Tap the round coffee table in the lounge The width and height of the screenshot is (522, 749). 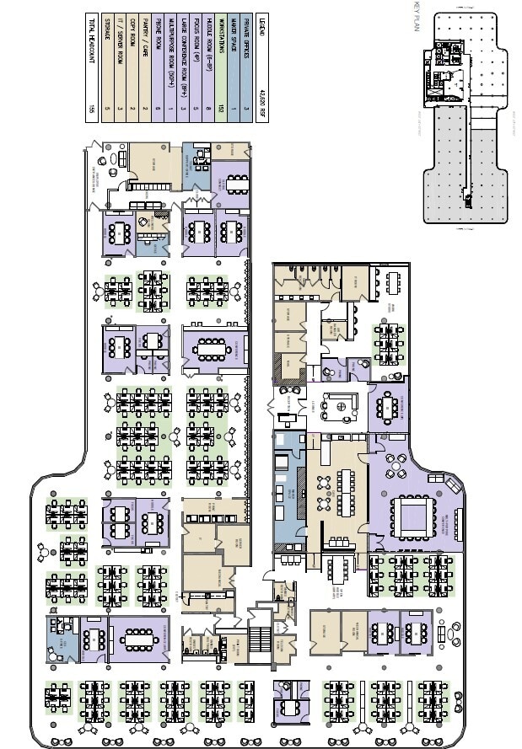coord(342,408)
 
